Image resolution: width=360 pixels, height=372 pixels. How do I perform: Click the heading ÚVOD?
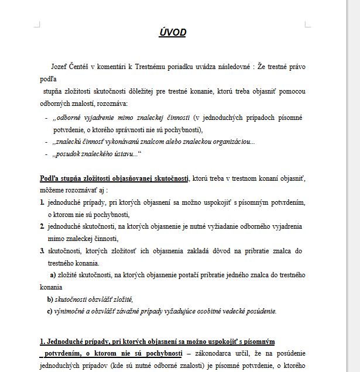[172, 33]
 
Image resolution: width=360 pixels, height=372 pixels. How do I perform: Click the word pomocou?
[292, 91]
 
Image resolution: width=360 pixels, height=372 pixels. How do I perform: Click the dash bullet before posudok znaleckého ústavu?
[46, 154]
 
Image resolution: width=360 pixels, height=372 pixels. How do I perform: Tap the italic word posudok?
[68, 154]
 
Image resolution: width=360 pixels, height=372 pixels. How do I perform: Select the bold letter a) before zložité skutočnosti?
[53, 274]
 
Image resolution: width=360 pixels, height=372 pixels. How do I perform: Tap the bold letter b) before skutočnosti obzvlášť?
[50, 299]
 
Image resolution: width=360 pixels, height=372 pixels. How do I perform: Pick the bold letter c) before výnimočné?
[50, 311]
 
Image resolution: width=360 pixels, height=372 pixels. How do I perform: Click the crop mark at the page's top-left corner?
[37, 25]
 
